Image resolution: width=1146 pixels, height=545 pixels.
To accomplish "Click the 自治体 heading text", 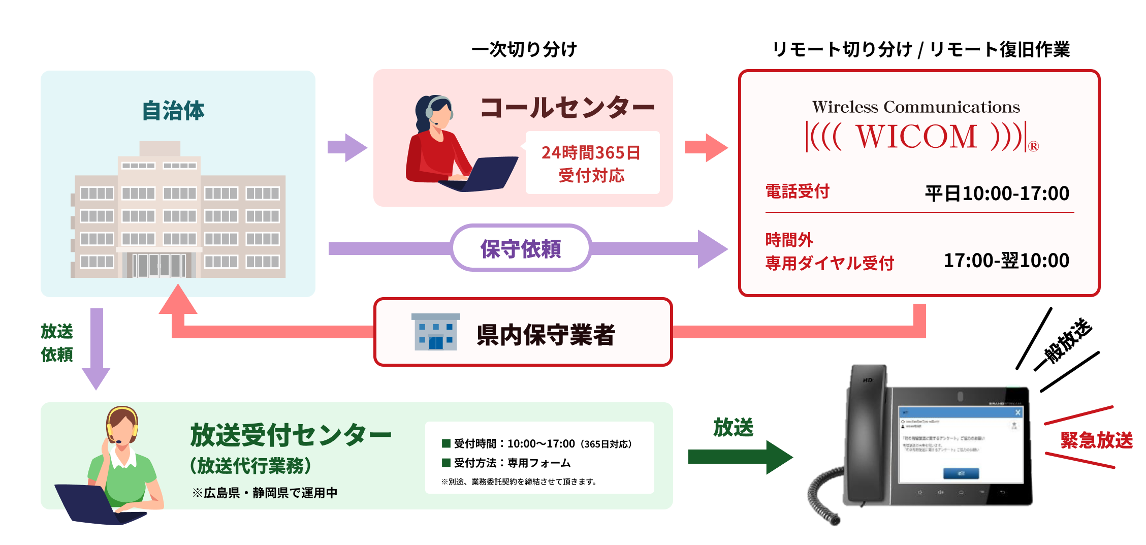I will pyautogui.click(x=173, y=111).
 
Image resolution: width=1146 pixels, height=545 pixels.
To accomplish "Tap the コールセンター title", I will pyautogui.click(x=567, y=108).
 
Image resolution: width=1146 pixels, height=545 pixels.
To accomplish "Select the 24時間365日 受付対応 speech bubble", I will pyautogui.click(x=592, y=163).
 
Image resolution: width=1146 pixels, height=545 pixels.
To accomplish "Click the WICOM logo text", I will pyautogui.click(x=916, y=137).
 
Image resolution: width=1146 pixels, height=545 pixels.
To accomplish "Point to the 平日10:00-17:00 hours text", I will pyautogui.click(x=997, y=194).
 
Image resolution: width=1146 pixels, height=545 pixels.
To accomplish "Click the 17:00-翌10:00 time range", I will pyautogui.click(x=1006, y=261).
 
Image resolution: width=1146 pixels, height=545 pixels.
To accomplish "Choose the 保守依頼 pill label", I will pyautogui.click(x=521, y=248).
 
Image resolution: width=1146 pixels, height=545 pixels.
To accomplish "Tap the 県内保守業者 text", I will pyautogui.click(x=546, y=335).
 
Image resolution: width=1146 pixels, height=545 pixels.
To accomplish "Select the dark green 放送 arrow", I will pyautogui.click(x=739, y=457).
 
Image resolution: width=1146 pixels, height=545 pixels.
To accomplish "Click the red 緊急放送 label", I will pyautogui.click(x=1096, y=440).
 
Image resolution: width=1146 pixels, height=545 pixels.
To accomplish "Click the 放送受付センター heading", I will pyautogui.click(x=291, y=435).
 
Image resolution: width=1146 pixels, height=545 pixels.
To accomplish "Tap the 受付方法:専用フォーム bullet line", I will pyautogui.click(x=512, y=463).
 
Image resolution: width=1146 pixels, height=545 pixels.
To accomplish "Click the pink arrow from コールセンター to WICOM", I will pyautogui.click(x=706, y=148).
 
